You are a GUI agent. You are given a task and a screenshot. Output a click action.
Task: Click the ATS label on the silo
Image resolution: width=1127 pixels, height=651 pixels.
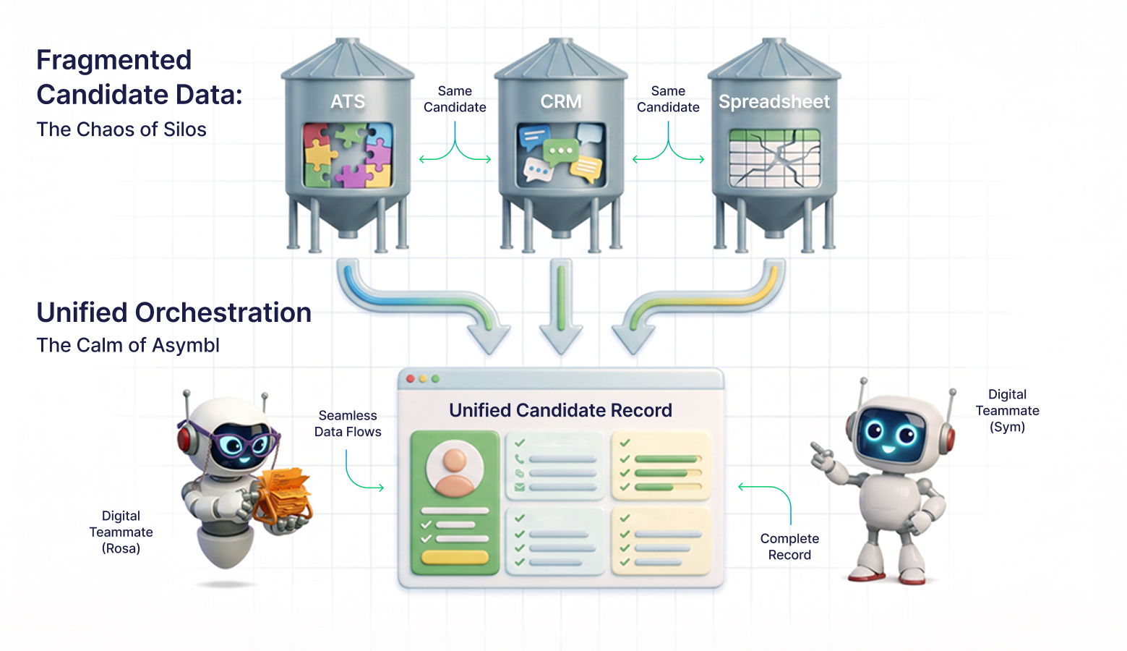click(348, 102)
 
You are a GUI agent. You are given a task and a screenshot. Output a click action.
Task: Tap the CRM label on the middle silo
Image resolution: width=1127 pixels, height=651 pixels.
click(561, 102)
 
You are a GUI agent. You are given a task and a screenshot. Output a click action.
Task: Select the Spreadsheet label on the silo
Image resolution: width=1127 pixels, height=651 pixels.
click(774, 102)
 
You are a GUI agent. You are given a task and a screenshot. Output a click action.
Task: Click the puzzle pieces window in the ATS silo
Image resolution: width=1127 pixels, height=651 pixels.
click(348, 156)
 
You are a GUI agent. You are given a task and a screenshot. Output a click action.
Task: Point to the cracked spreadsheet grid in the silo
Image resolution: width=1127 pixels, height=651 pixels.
click(774, 158)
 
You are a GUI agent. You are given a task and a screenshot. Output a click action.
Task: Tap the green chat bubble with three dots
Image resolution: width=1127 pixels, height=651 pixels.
click(560, 152)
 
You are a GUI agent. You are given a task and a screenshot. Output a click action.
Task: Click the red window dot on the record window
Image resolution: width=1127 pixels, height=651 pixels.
click(411, 378)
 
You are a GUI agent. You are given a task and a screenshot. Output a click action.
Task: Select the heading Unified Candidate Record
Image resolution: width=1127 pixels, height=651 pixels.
click(560, 410)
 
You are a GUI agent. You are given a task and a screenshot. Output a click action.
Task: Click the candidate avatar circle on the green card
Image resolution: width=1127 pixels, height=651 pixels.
click(455, 468)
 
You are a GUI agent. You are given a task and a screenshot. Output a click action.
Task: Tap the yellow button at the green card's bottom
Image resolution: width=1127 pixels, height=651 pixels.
click(455, 557)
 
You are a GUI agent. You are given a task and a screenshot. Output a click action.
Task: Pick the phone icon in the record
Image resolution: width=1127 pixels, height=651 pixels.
click(519, 459)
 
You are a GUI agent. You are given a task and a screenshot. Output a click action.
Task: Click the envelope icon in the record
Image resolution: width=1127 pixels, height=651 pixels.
click(520, 487)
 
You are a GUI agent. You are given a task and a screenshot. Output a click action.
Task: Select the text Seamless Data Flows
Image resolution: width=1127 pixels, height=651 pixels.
click(348, 423)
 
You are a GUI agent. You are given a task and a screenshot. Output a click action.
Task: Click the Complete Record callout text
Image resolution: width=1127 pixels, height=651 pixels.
click(789, 547)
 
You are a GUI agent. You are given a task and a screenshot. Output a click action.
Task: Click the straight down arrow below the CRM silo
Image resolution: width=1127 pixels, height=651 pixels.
click(561, 307)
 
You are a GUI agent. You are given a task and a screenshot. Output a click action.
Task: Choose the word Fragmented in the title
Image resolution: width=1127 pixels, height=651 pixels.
click(113, 61)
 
